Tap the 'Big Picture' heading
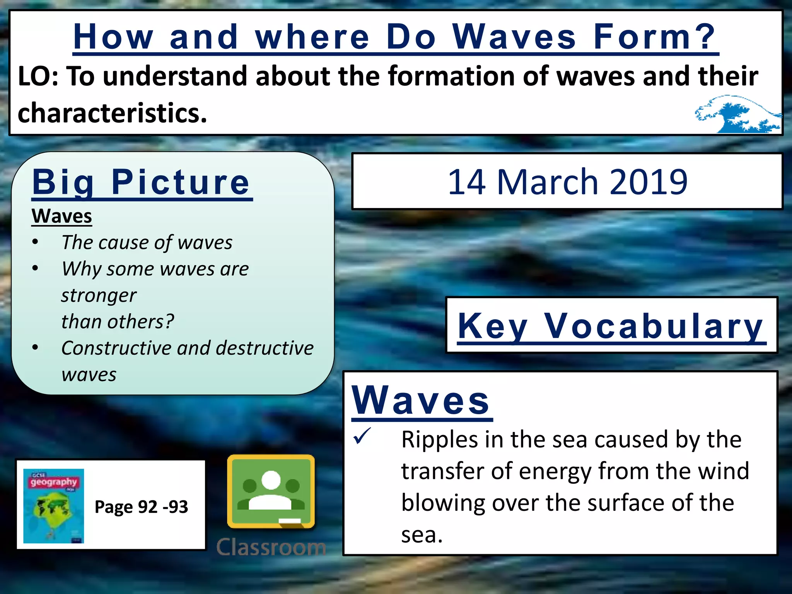click(142, 183)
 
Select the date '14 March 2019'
click(567, 182)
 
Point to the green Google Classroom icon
click(271, 491)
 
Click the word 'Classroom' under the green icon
click(271, 547)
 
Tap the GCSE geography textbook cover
click(53, 506)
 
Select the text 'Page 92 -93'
click(141, 507)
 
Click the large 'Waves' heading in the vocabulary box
click(421, 401)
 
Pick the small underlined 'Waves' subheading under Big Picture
click(62, 216)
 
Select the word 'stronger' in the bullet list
click(99, 296)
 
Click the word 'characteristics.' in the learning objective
click(113, 113)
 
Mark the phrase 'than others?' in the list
click(118, 322)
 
